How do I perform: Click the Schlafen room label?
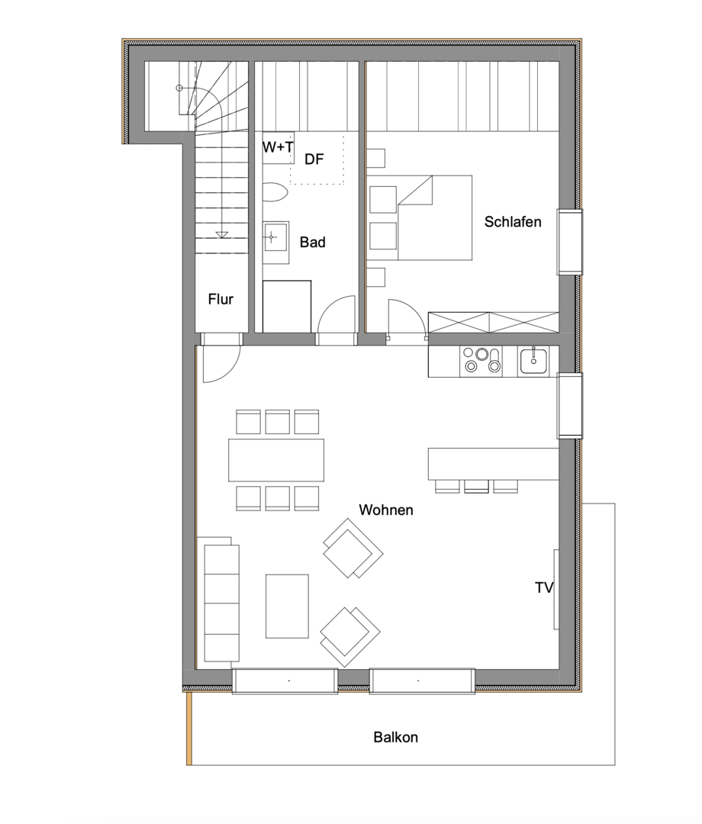pyautogui.click(x=513, y=222)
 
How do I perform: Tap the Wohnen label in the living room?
pyautogui.click(x=386, y=510)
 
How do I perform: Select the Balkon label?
pyautogui.click(x=395, y=738)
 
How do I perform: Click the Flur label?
pyautogui.click(x=221, y=299)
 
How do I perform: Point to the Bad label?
pyautogui.click(x=312, y=243)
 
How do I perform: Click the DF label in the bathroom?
pyautogui.click(x=314, y=159)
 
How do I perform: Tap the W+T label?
pyautogui.click(x=278, y=147)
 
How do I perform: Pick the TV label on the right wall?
pyautogui.click(x=543, y=587)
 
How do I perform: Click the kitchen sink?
pyautogui.click(x=533, y=359)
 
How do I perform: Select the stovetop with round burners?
pyautogui.click(x=481, y=360)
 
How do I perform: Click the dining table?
pyautogui.click(x=276, y=460)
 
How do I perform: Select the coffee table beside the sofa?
pyautogui.click(x=287, y=606)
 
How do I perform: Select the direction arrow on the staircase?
pyautogui.click(x=221, y=233)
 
